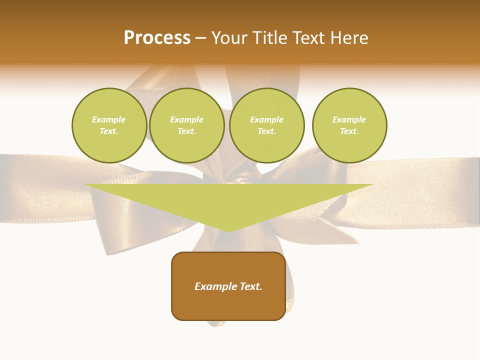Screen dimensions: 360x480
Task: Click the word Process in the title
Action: [157, 38]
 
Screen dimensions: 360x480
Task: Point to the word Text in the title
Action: [308, 38]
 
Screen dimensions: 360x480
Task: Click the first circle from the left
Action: [109, 125]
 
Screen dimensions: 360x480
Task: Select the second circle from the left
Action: [186, 125]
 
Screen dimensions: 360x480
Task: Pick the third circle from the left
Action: [266, 125]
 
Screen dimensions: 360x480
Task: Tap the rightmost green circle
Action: [349, 125]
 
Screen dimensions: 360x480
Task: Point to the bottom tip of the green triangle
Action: [228, 230]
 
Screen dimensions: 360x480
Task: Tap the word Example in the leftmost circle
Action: [109, 119]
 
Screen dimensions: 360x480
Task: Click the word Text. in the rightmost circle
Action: [349, 131]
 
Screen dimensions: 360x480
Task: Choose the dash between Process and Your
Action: [201, 38]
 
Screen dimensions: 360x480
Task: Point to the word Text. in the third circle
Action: [266, 131]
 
